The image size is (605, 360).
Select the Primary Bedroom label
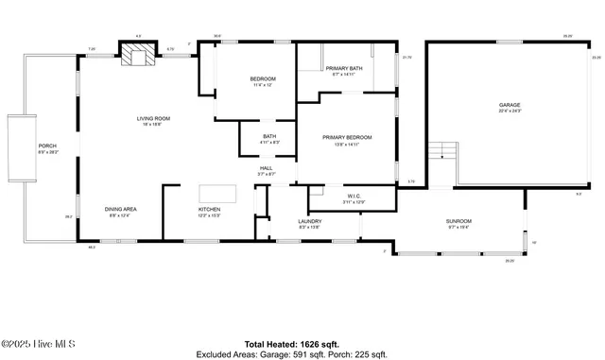pyautogui.click(x=347, y=139)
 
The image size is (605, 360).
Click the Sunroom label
pyautogui.click(x=458, y=223)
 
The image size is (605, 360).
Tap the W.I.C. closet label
pyautogui.click(x=353, y=197)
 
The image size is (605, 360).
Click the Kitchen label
pyautogui.click(x=209, y=211)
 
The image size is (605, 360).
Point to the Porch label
pyautogui.click(x=47, y=148)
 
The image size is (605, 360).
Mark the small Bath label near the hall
pyautogui.click(x=269, y=139)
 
